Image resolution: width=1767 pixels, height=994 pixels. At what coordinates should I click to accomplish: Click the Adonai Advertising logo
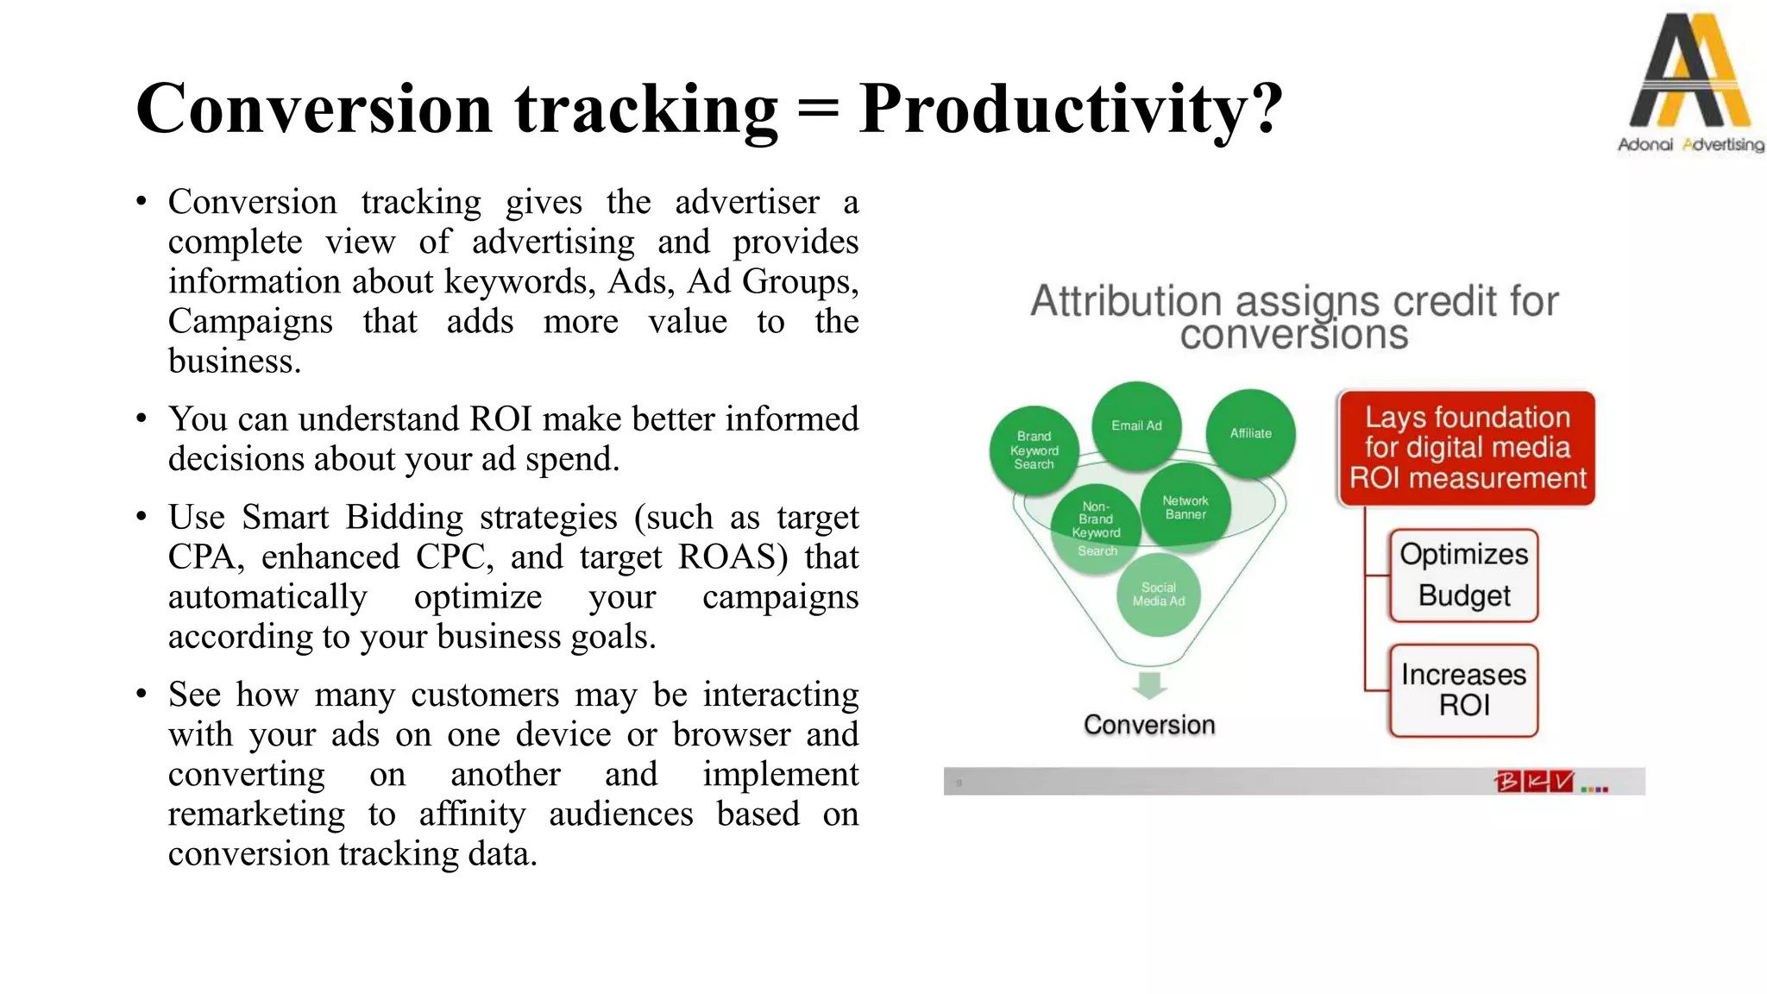[1689, 82]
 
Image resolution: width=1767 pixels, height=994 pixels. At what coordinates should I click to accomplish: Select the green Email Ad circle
[1136, 425]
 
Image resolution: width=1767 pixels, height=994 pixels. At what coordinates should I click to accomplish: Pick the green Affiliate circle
[1250, 433]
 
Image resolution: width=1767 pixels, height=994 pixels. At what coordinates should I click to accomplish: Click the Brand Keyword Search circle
[1034, 450]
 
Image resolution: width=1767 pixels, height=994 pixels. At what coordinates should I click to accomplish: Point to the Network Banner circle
[1185, 507]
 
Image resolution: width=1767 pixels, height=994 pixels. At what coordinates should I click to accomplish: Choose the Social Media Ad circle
[1158, 595]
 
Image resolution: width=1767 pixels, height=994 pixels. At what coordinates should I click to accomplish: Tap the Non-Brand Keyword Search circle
[1096, 528]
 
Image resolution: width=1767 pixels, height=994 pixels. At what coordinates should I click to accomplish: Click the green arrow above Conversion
[1149, 685]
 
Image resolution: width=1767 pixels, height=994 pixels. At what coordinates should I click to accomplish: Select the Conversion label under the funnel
[1149, 725]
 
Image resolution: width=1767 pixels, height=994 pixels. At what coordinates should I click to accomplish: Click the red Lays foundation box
[1467, 448]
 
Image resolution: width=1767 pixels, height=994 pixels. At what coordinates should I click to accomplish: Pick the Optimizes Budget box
[1463, 575]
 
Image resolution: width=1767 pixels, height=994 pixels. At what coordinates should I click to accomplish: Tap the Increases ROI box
[1463, 689]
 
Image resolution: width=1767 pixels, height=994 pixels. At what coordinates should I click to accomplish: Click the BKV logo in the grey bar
[1534, 782]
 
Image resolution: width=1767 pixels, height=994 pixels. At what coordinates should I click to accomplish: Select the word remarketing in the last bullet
[256, 815]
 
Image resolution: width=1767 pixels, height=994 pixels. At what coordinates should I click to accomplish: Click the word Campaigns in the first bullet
[250, 322]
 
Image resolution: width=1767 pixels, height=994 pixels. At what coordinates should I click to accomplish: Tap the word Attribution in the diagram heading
[1127, 302]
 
